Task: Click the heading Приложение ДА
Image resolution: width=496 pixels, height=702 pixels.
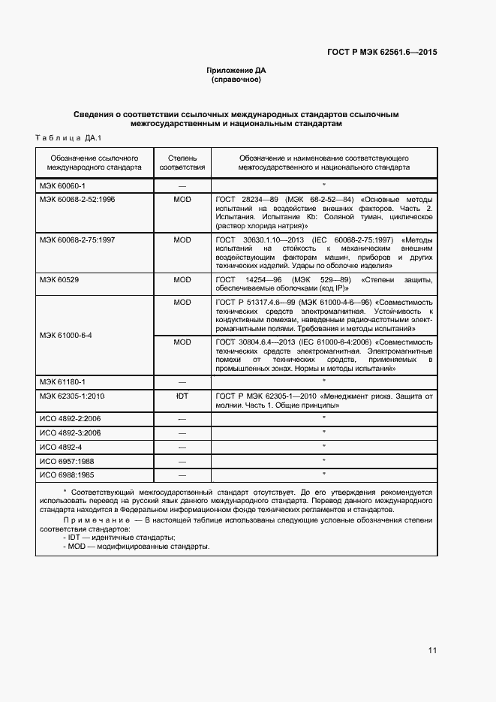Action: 236,71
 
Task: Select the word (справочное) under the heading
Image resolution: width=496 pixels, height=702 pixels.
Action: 236,79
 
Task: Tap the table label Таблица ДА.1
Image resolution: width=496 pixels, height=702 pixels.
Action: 68,138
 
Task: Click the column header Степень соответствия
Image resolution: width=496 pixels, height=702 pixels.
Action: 182,164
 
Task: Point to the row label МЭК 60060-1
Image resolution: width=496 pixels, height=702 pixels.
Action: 63,185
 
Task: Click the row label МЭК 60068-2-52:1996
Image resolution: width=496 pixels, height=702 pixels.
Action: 78,199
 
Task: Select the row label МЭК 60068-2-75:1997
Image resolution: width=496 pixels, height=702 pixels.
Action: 78,240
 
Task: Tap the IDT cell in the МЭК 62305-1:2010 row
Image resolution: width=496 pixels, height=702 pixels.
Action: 182,395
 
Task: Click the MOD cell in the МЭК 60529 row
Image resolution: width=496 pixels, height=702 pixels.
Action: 182,279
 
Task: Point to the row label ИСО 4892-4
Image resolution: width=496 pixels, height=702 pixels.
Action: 62,447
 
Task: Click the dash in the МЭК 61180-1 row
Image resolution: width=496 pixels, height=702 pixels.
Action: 182,381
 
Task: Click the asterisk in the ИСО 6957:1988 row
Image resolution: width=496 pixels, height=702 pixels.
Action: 323,460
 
